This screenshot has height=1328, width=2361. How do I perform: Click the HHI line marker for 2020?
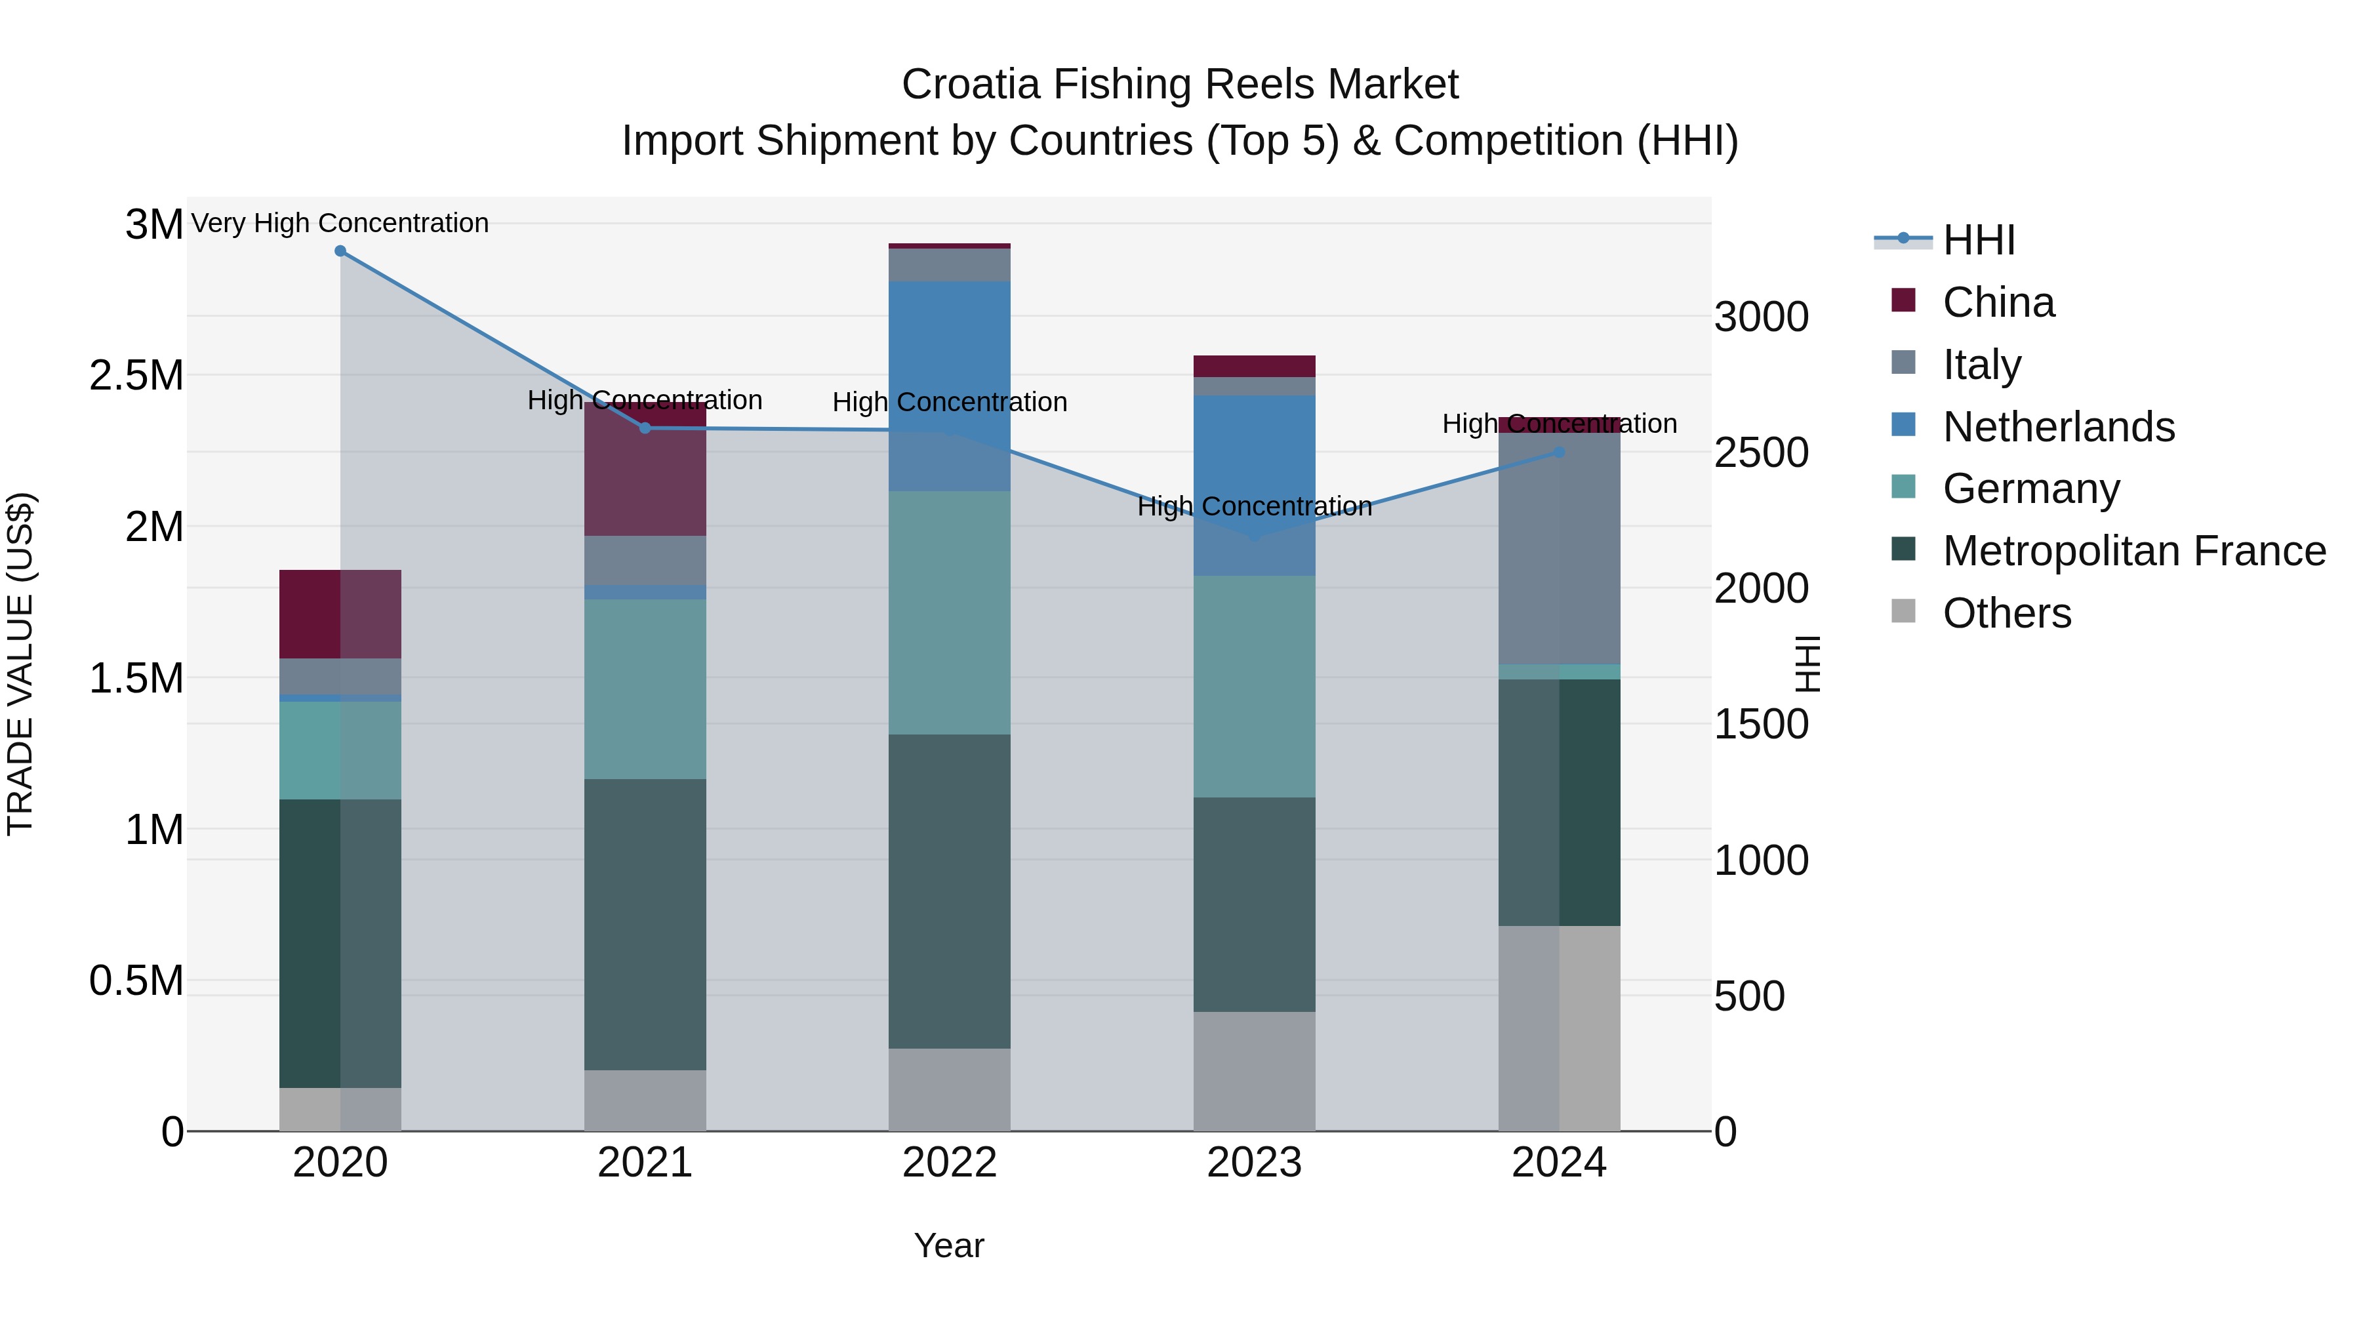[340, 251]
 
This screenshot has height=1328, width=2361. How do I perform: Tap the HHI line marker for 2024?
[1559, 453]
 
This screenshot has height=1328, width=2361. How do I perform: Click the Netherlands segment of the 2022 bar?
[950, 386]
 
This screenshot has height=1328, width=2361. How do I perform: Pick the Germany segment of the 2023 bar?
[1254, 687]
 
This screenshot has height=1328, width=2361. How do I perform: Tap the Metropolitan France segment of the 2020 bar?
[340, 943]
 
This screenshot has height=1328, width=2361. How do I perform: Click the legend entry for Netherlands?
[2057, 427]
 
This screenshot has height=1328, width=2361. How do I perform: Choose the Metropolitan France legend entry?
[2133, 551]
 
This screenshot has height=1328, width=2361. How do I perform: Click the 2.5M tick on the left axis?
[136, 376]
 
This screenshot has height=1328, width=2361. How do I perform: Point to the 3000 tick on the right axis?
[1761, 318]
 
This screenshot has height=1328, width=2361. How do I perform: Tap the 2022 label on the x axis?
[950, 1163]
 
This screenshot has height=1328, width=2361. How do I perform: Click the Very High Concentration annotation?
[340, 224]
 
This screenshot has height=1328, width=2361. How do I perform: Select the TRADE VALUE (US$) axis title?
[20, 664]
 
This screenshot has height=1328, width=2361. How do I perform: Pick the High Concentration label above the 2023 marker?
[1254, 507]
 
